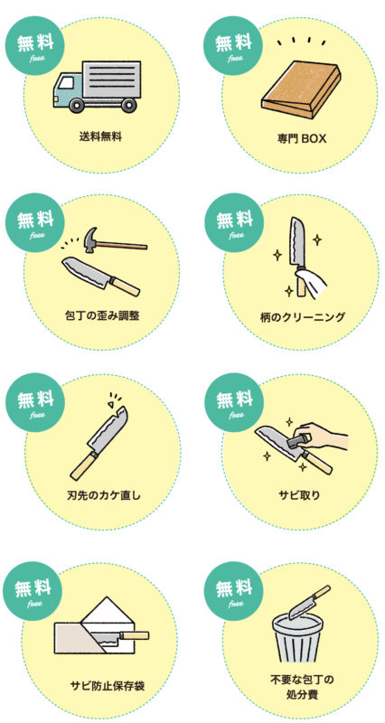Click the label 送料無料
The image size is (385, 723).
100,136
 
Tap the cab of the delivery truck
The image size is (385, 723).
69,89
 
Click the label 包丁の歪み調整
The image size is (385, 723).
102,316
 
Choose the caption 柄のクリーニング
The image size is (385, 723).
302,317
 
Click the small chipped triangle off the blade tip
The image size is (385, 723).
111,403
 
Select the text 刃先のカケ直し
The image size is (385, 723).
103,496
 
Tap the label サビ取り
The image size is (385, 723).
299,496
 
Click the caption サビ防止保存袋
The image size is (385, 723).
108,686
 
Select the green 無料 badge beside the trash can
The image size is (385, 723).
234,592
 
